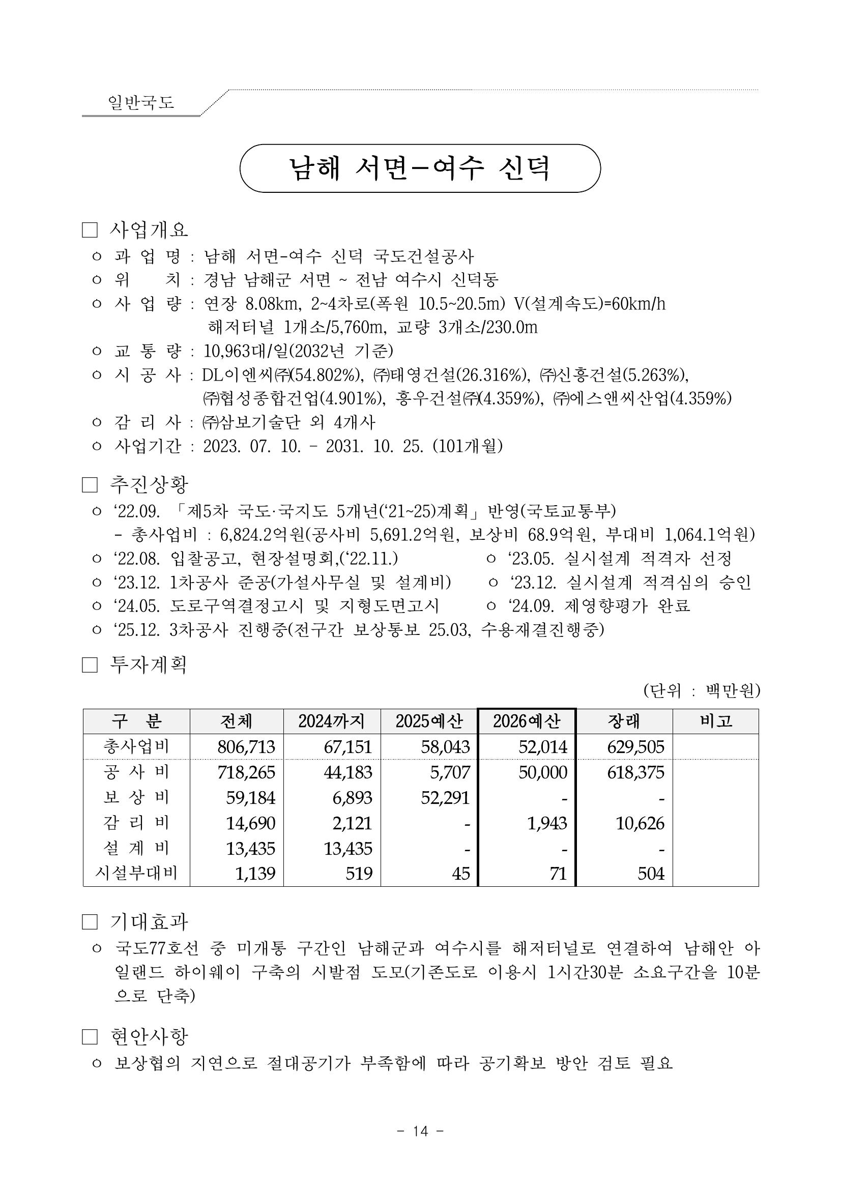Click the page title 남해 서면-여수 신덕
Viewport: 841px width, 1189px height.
coord(419,168)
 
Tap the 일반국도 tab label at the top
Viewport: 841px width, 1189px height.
coord(141,102)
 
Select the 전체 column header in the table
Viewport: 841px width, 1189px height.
coord(236,721)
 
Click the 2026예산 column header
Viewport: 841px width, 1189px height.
coord(526,721)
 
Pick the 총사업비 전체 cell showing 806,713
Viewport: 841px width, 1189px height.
coord(246,747)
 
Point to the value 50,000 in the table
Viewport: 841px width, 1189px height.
coord(543,772)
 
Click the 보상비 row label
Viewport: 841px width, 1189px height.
coord(136,798)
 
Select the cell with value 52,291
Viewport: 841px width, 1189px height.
coord(445,798)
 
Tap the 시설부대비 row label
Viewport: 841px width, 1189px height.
coord(136,873)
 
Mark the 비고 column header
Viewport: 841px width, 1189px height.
coord(716,721)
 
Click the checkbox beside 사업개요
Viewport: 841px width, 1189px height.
coord(90,230)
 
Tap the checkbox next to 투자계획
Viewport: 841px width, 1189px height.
coord(90,665)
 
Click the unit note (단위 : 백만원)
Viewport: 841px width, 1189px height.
coord(701,691)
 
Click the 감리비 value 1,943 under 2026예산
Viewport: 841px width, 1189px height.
coord(547,823)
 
